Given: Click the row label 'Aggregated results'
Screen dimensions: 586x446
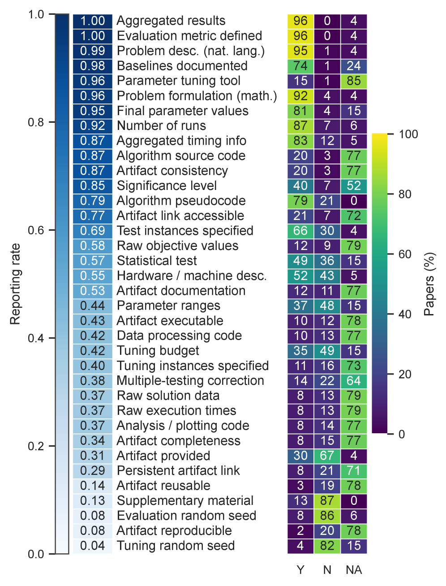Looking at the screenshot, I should click(x=171, y=21).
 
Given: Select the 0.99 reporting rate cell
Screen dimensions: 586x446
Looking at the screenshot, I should click(x=92, y=51).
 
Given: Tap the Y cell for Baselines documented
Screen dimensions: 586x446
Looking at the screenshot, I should click(x=300, y=66).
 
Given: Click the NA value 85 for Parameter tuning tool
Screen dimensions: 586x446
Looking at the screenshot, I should click(x=354, y=81).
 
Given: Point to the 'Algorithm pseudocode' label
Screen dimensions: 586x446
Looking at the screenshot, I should click(x=181, y=201).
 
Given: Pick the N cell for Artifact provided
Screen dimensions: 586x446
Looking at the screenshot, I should click(x=327, y=456).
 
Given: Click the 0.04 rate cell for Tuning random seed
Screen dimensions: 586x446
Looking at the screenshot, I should click(x=92, y=546).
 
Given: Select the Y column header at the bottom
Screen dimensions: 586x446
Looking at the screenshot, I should click(x=300, y=570).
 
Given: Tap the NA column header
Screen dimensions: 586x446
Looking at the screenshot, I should click(x=354, y=570).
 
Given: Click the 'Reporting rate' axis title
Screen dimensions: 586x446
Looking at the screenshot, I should click(x=15, y=284).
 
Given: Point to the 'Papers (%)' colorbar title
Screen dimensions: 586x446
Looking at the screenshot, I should click(x=429, y=284).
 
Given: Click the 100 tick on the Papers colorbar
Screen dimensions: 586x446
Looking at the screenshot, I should click(x=408, y=134).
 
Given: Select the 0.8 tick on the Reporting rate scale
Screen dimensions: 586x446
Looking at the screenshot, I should click(x=36, y=122).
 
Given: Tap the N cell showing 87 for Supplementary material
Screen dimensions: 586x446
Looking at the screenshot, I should click(x=327, y=500).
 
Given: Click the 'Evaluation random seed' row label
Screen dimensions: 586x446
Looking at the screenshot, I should click(x=186, y=516).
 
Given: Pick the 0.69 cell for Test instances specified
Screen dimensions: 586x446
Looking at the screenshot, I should click(x=92, y=231).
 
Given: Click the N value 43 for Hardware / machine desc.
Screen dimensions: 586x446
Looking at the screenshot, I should click(x=327, y=276).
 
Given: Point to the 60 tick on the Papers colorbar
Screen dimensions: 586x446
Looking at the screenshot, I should click(x=405, y=254).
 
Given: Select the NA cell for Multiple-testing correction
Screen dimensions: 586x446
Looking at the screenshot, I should click(x=354, y=381).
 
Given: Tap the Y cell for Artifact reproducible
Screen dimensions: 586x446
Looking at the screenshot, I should click(x=300, y=530).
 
